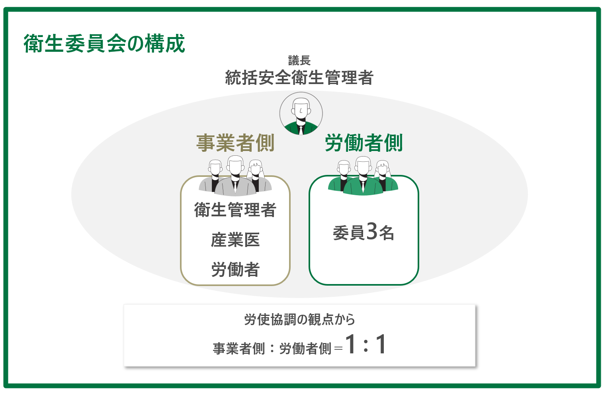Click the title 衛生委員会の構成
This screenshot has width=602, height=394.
click(x=104, y=43)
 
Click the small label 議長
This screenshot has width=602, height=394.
click(x=299, y=61)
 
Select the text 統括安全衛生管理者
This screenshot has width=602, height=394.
click(x=299, y=77)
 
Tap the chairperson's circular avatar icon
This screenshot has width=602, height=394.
click(x=301, y=113)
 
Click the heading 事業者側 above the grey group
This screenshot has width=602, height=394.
click(x=235, y=143)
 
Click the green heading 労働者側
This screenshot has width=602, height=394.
click(x=364, y=143)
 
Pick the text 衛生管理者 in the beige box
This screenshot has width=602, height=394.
click(x=235, y=210)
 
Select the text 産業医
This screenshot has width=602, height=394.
click(x=235, y=240)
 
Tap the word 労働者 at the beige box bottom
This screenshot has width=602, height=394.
click(x=235, y=269)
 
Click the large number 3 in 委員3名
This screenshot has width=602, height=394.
click(x=372, y=231)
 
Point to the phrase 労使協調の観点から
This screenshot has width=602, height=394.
click(x=299, y=320)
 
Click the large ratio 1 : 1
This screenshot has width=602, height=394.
click(x=366, y=344)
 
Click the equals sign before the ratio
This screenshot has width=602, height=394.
click(x=338, y=349)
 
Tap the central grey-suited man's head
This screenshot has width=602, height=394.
click(x=235, y=165)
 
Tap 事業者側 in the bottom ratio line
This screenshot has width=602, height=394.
click(x=239, y=349)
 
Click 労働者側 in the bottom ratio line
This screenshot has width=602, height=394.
click(x=305, y=349)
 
